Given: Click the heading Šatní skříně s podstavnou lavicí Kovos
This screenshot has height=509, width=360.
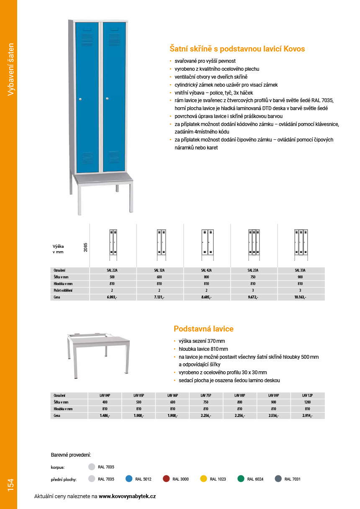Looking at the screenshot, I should (237, 49).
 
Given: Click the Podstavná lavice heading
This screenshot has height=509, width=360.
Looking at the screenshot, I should (203, 329).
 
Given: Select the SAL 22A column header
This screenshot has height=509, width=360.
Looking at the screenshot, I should (112, 270).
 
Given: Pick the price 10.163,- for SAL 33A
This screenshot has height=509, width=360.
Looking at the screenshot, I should (300, 297).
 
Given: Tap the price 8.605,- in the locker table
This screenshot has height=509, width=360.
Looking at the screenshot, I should (206, 297).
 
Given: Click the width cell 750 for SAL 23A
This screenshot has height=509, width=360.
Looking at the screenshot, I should (253, 277).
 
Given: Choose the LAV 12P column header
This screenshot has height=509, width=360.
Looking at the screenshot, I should (307, 395).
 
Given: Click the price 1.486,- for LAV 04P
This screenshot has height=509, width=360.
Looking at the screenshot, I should (105, 416).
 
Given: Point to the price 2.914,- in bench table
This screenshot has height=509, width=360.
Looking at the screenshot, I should (307, 416).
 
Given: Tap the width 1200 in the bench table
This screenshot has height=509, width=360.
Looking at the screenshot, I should (307, 402).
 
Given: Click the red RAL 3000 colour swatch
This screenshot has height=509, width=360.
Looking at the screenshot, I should (166, 479).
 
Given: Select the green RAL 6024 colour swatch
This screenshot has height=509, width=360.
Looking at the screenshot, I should (241, 479).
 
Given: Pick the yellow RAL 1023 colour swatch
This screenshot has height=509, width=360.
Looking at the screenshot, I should (204, 479).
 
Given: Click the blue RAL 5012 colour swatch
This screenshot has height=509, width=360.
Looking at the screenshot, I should (129, 479).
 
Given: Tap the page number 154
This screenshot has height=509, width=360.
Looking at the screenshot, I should (10, 485).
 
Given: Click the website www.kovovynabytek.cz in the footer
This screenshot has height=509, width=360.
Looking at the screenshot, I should (127, 496).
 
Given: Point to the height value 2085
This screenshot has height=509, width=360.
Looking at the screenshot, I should (85, 247).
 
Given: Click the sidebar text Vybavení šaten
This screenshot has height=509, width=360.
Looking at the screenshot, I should (11, 69).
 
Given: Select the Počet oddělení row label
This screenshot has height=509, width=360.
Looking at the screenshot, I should (63, 290).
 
